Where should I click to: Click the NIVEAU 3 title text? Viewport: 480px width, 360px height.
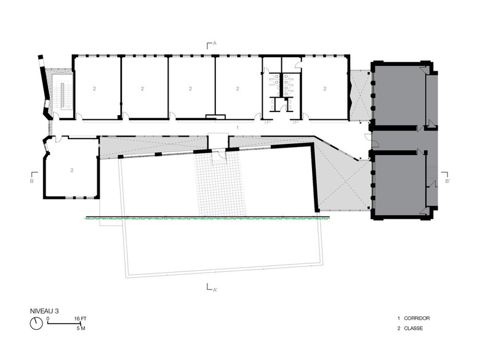pyautogui.click(x=44, y=311)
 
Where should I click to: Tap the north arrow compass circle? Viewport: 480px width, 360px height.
pyautogui.click(x=36, y=323)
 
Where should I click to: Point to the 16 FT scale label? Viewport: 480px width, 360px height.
pyautogui.click(x=81, y=319)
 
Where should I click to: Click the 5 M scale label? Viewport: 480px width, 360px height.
pyautogui.click(x=81, y=329)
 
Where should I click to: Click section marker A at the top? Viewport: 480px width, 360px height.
pyautogui.click(x=212, y=45)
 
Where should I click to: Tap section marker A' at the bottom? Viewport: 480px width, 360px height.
pyautogui.click(x=212, y=287)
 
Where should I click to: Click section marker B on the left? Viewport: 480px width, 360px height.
pyautogui.click(x=34, y=178)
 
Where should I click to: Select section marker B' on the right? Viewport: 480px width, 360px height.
pyautogui.click(x=445, y=177)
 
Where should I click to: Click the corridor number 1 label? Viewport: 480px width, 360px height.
pyautogui.click(x=238, y=127)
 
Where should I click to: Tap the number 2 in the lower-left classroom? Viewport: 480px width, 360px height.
pyautogui.click(x=72, y=170)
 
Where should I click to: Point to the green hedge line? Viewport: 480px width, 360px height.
pyautogui.click(x=207, y=218)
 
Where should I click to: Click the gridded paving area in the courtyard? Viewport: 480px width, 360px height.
pyautogui.click(x=220, y=184)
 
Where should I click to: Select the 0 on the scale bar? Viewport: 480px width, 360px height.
pyautogui.click(x=48, y=319)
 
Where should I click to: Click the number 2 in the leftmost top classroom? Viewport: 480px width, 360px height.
pyautogui.click(x=95, y=89)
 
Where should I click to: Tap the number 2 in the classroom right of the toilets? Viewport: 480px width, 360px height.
pyautogui.click(x=325, y=89)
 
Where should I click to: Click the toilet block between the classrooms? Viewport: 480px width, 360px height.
pyautogui.click(x=282, y=88)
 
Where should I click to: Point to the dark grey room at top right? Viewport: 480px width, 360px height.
pyautogui.click(x=398, y=95)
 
